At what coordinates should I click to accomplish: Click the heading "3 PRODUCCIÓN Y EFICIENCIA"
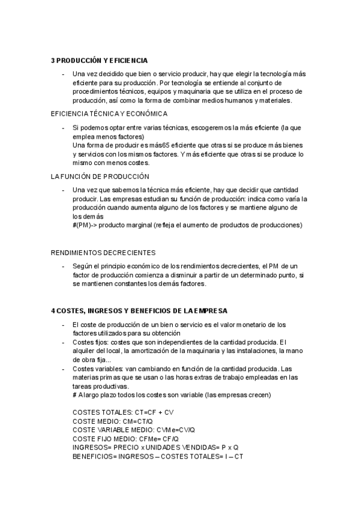pyautogui.click(x=99, y=61)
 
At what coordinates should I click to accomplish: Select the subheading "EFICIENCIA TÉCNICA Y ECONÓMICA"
pyautogui.click(x=109, y=113)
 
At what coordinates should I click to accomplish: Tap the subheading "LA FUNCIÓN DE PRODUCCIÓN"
pyautogui.click(x=100, y=176)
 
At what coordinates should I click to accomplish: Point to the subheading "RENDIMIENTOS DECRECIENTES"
pyautogui.click(x=103, y=253)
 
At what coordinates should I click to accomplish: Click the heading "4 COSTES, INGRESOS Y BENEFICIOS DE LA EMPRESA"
pyautogui.click(x=139, y=310)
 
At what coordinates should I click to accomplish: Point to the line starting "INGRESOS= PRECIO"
pyautogui.click(x=155, y=447)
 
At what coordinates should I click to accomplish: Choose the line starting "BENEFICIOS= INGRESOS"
pyautogui.click(x=158, y=456)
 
